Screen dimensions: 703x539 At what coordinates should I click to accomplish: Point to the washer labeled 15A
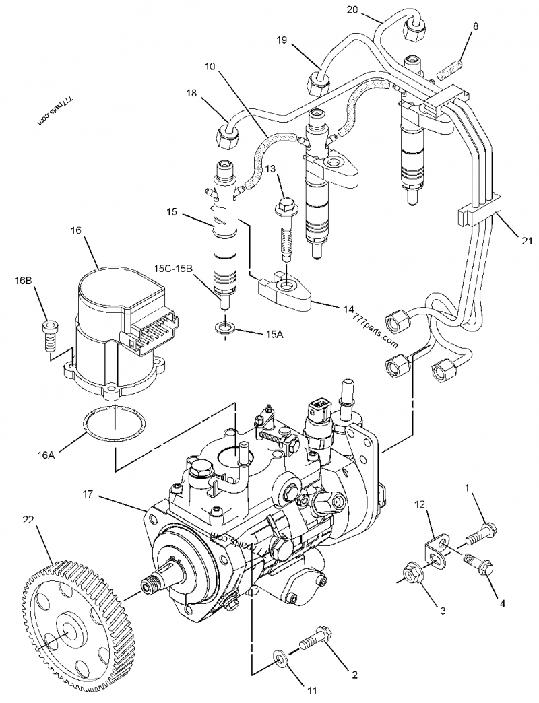point(226,329)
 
